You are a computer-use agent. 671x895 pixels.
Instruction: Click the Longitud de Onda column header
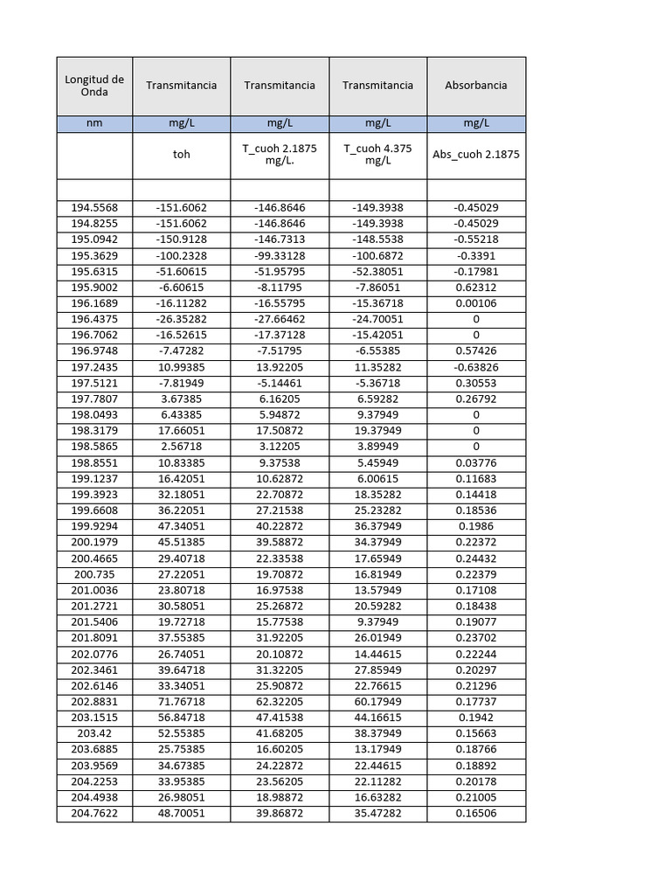(x=94, y=86)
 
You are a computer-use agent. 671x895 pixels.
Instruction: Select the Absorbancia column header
(x=476, y=86)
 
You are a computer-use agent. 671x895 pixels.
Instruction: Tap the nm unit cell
(x=94, y=124)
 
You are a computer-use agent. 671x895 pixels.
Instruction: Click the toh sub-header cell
(x=181, y=155)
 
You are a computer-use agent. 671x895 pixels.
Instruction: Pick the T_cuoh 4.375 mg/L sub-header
(x=377, y=155)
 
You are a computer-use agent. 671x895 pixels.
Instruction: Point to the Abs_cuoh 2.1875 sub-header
(x=476, y=155)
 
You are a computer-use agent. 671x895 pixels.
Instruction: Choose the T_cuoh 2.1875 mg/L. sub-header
(x=280, y=155)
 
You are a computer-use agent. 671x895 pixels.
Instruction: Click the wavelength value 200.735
(x=94, y=575)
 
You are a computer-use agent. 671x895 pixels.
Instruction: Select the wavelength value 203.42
(x=94, y=733)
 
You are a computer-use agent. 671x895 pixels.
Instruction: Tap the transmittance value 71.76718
(x=181, y=702)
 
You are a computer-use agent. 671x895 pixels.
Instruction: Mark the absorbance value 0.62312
(x=476, y=287)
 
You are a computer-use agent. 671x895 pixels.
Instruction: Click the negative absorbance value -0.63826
(x=476, y=367)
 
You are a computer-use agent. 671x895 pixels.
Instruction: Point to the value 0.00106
(x=476, y=303)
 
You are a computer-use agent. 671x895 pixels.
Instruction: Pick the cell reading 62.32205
(x=280, y=702)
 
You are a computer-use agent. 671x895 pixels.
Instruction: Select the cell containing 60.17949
(x=377, y=702)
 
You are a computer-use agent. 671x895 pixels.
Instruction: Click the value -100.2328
(x=181, y=255)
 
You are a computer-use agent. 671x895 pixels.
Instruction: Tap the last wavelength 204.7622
(x=94, y=814)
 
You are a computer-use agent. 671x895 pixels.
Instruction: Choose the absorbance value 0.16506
(x=476, y=814)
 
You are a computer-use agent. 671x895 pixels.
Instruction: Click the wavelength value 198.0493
(x=94, y=414)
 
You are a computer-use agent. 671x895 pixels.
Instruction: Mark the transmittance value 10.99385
(x=181, y=367)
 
